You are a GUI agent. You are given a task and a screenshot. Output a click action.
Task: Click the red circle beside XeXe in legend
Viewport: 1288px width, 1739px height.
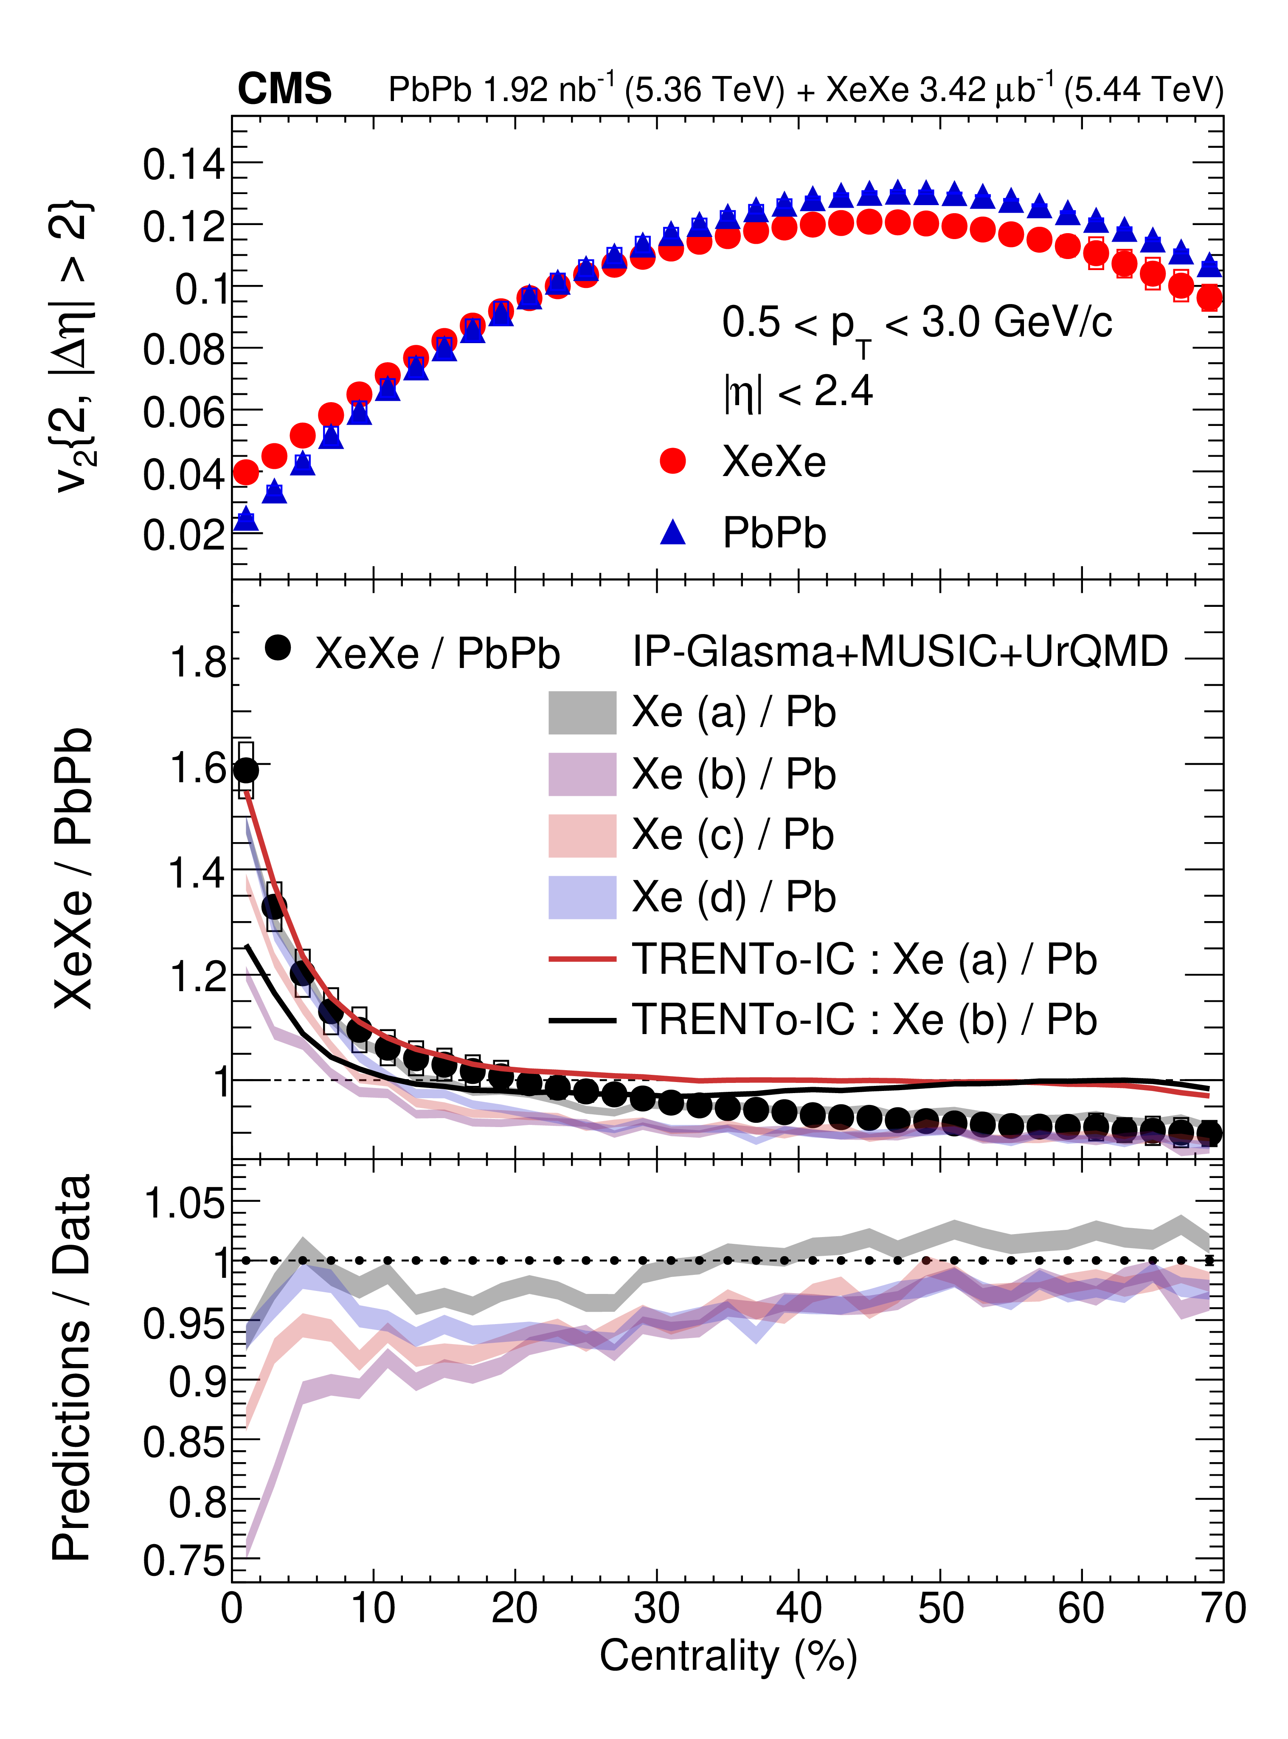672,461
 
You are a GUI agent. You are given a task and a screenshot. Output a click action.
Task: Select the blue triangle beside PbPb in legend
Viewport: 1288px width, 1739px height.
672,533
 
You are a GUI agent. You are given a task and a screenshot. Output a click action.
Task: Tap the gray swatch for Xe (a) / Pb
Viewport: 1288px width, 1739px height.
582,712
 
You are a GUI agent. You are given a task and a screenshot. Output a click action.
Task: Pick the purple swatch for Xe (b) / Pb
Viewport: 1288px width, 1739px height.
582,774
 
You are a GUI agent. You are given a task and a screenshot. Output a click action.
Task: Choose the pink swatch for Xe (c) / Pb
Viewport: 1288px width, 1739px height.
582,835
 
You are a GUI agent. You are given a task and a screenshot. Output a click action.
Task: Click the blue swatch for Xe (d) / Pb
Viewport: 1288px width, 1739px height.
582,897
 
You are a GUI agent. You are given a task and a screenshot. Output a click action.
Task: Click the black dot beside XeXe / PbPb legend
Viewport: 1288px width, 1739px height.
278,647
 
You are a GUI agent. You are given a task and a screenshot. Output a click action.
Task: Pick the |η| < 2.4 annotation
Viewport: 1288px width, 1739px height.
798,392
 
